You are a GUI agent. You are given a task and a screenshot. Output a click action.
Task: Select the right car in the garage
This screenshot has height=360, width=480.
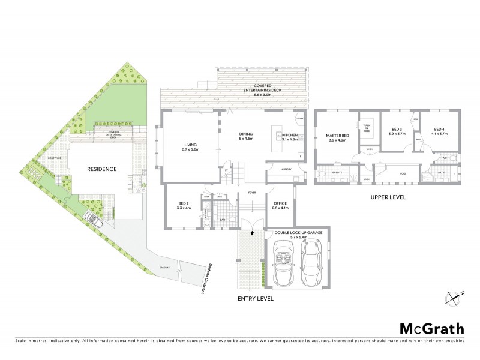click(314, 263)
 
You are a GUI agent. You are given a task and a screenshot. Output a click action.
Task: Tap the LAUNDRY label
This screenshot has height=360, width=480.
click(286, 169)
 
